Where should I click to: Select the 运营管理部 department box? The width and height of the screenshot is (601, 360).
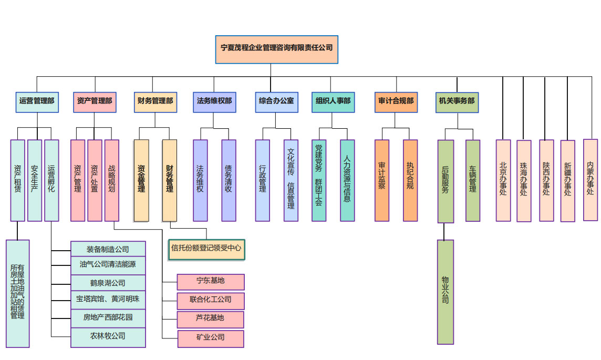[37, 101]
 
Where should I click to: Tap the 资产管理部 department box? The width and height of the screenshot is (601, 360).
[95, 101]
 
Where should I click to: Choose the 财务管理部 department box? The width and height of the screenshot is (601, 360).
[155, 101]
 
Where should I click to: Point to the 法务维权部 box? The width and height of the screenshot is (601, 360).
[214, 101]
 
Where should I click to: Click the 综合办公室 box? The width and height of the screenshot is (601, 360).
[276, 101]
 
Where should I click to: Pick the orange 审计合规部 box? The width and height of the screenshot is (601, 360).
[396, 101]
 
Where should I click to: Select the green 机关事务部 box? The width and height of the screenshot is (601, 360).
[457, 102]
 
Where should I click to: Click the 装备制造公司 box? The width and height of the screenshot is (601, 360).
[108, 250]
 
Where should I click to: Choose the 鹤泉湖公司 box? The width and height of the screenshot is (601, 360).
[108, 283]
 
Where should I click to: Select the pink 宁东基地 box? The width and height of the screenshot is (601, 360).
[211, 282]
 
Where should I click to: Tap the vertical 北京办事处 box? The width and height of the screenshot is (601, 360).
[503, 180]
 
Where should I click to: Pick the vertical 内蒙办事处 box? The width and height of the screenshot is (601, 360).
[590, 179]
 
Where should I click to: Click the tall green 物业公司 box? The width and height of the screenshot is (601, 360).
[445, 292]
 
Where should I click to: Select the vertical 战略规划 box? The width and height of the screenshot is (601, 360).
[112, 180]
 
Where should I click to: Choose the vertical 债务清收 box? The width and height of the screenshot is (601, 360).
[229, 180]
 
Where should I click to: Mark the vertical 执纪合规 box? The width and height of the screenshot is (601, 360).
[410, 180]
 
